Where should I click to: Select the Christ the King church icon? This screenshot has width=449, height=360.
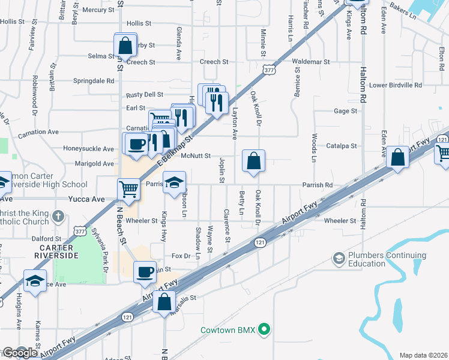pos(58,216)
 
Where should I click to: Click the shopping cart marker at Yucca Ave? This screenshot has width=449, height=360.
pos(129,189)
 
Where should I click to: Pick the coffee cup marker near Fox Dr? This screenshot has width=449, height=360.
pos(145,271)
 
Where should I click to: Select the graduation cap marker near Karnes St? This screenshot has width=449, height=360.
pos(35,280)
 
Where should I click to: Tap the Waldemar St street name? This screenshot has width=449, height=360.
pos(311,62)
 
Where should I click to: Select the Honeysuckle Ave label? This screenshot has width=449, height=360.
pos(88,149)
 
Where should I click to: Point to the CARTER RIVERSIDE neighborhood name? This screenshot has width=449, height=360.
pos(56,251)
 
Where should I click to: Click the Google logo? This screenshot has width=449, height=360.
pos(19,353)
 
